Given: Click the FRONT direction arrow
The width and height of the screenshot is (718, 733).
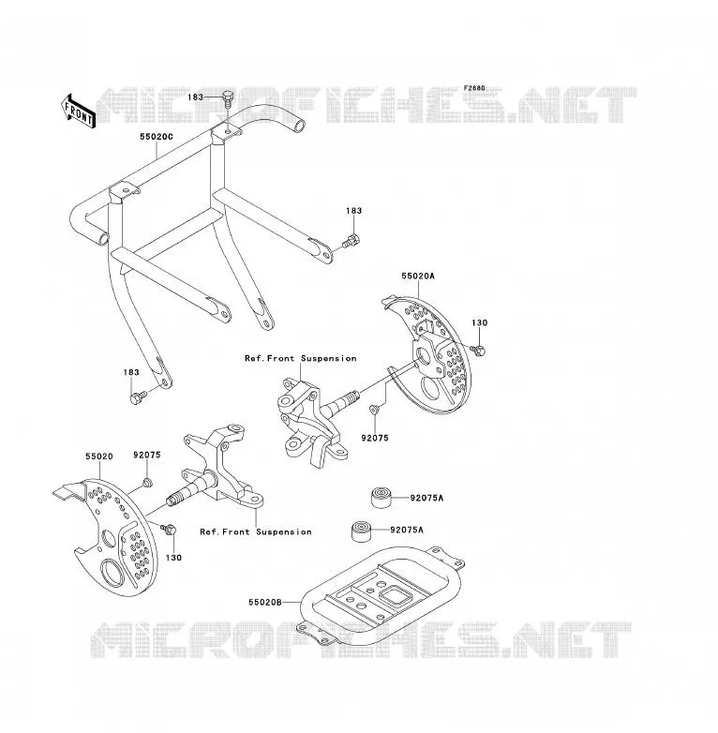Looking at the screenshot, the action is click(x=78, y=112).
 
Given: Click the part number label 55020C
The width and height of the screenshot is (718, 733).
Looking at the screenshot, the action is click(x=157, y=137).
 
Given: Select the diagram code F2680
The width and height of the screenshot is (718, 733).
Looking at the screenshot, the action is click(x=474, y=88).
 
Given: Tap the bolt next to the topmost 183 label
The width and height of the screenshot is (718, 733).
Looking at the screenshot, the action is click(x=228, y=98).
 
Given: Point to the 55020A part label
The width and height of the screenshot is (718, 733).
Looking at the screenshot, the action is click(x=418, y=277).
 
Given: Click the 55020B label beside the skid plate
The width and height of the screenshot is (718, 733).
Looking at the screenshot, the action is click(x=265, y=603).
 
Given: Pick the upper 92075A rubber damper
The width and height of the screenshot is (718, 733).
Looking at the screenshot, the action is click(x=381, y=497).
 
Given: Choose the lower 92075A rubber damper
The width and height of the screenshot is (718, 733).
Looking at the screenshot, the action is click(x=361, y=531).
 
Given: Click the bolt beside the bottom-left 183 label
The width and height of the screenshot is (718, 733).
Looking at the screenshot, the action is click(x=138, y=397).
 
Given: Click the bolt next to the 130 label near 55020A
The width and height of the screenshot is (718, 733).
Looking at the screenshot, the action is click(x=478, y=350).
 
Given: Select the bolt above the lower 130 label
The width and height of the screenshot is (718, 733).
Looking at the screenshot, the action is click(x=169, y=530).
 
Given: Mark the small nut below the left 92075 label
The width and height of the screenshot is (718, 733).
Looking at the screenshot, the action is click(x=147, y=483).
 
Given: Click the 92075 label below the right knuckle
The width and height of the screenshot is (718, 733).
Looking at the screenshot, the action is click(x=375, y=438).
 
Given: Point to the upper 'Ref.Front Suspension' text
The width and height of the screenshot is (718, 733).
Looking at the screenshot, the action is click(x=301, y=359).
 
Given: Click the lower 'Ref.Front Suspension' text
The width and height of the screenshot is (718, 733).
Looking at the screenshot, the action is click(x=256, y=532).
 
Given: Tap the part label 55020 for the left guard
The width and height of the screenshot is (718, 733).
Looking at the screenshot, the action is click(x=99, y=456).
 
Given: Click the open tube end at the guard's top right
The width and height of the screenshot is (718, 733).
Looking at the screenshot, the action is click(x=299, y=126).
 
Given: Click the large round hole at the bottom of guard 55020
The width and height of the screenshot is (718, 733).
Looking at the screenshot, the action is click(x=112, y=573).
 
